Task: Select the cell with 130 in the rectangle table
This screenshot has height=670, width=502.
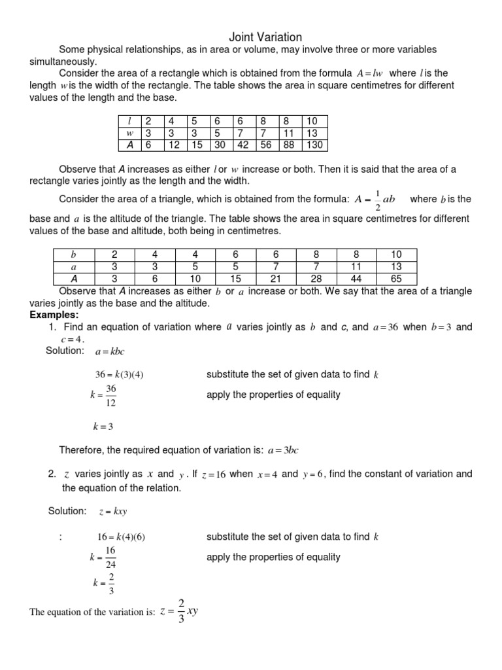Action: coord(315,145)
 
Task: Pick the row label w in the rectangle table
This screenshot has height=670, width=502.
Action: coord(129,133)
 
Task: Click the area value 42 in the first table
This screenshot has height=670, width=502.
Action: coord(243,145)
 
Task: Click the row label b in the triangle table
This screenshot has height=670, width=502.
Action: coord(73,254)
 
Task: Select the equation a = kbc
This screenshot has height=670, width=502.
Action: coord(109,351)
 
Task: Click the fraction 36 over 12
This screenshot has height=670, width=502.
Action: coord(110,395)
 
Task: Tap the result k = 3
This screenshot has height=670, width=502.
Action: coord(103,427)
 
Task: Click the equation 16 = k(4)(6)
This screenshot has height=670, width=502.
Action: coord(121,537)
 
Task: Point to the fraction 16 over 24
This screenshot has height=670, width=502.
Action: coord(110,557)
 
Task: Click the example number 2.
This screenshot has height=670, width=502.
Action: coord(52,474)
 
